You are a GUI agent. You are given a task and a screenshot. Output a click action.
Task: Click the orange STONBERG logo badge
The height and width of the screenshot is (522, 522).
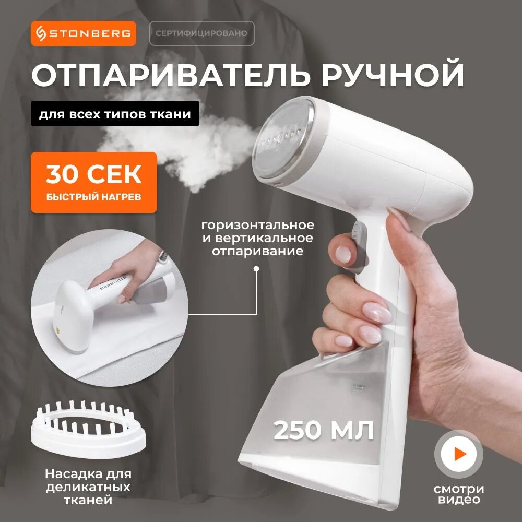point(84,33)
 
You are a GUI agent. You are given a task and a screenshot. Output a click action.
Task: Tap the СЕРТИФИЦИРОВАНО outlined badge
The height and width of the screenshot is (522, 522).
point(201,33)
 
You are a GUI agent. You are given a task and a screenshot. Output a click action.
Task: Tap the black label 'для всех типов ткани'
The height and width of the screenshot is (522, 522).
point(115,114)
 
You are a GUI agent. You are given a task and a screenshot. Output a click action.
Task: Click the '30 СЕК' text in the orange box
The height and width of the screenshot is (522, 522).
point(94,174)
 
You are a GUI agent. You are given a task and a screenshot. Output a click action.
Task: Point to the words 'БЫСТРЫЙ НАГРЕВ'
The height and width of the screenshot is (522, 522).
point(93,197)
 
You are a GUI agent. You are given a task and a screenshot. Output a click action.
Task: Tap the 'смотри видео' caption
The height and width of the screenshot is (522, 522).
point(459,494)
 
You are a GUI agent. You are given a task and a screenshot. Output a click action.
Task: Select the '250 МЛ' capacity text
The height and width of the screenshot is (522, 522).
point(324,430)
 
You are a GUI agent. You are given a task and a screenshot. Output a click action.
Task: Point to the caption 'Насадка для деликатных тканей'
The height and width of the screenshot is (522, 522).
point(88,487)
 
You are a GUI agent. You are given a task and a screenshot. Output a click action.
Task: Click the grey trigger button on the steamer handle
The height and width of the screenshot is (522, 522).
point(360,246)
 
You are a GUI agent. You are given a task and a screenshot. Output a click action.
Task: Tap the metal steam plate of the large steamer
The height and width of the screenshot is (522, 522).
point(283,140)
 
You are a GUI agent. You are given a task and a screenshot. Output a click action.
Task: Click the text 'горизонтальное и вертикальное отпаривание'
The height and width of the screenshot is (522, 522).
point(258,238)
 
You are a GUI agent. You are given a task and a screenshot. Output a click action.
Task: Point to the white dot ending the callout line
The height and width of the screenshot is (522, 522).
point(256,269)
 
